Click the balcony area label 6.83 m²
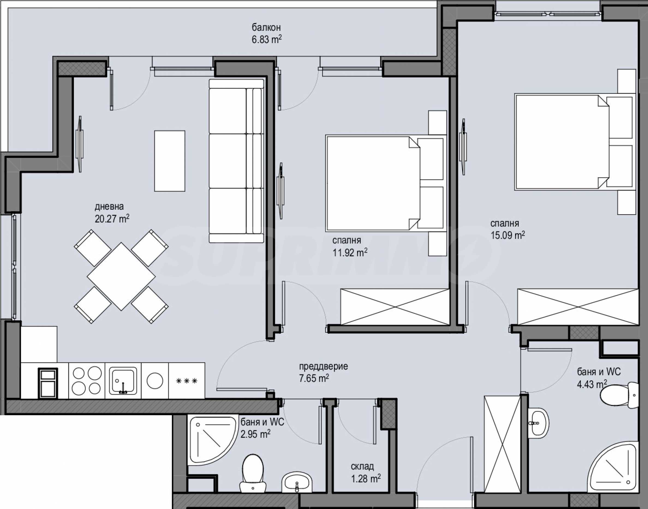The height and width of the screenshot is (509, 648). tap(267, 39)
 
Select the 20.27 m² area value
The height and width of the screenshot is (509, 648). tap(112, 219)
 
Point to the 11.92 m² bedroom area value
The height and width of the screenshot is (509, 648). tap(350, 252)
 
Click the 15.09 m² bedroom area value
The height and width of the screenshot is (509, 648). tap(508, 235)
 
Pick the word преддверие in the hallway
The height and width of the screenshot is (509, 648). tap(324, 366)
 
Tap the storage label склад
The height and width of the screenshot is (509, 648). tap(362, 466)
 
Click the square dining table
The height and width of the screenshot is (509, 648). tap(121, 276)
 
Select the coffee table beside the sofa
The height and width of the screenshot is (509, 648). tap(170, 161)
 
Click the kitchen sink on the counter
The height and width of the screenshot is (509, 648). tap(123, 381)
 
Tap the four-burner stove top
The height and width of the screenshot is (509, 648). tap(87, 381)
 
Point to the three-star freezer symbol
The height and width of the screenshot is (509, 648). tap(186, 381)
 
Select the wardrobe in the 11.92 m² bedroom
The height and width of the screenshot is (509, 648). tap(395, 307)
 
